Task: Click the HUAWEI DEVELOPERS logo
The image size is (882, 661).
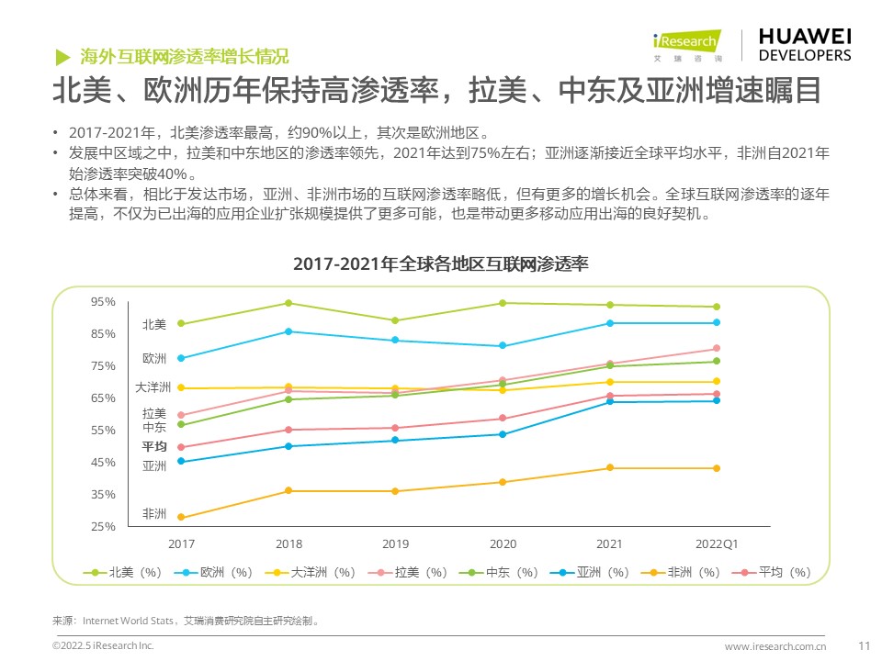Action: pyautogui.click(x=805, y=44)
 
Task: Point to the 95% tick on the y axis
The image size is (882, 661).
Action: pyautogui.click(x=104, y=301)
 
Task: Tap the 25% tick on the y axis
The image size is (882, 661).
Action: pyautogui.click(x=104, y=526)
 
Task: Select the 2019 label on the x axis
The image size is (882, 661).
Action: pyautogui.click(x=395, y=543)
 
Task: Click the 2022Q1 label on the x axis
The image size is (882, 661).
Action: pyautogui.click(x=717, y=543)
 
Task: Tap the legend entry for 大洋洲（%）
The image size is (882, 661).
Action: pyautogui.click(x=314, y=572)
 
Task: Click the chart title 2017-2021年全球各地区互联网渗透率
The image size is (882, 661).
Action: pyautogui.click(x=440, y=263)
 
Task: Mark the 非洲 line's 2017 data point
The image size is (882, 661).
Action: pyautogui.click(x=181, y=517)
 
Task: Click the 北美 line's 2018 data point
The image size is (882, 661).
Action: pyautogui.click(x=288, y=303)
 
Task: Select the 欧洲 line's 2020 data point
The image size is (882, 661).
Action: pyautogui.click(x=503, y=346)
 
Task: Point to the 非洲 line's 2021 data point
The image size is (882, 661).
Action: pyautogui.click(x=610, y=468)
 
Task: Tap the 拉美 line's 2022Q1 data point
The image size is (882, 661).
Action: pyautogui.click(x=717, y=349)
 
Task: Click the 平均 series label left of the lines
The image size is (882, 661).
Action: pyautogui.click(x=153, y=446)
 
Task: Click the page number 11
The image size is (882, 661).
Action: pyautogui.click(x=863, y=646)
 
